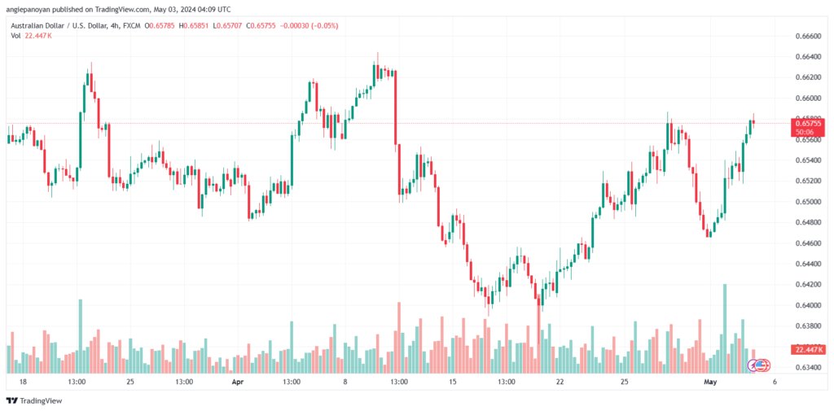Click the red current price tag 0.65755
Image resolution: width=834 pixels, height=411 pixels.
(x=809, y=123)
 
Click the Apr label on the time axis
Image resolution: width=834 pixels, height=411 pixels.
(x=238, y=381)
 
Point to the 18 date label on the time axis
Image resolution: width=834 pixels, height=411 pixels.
(x=22, y=381)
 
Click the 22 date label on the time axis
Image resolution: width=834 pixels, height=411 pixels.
(x=560, y=381)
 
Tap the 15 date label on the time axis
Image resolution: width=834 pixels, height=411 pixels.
(x=453, y=381)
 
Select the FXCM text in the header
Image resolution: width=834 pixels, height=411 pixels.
(x=129, y=25)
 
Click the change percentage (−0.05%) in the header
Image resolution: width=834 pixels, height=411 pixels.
(x=321, y=25)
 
